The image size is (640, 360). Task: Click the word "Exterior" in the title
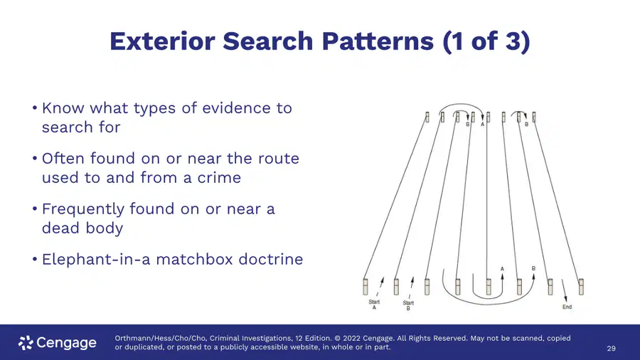tap(162, 41)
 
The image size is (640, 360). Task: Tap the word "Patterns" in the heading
tap(377, 41)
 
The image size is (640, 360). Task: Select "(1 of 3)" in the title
tap(486, 41)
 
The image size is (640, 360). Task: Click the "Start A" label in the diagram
tap(374, 305)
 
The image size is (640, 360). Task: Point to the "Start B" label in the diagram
tap(408, 305)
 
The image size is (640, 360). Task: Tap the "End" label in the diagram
tap(567, 307)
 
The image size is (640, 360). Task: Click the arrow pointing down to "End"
tap(564, 290)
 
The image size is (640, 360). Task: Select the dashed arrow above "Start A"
tap(380, 287)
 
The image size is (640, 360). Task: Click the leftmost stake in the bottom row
tap(366, 287)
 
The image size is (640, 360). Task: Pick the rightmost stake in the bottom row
tap(581, 287)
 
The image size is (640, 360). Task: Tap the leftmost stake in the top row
tap(427, 117)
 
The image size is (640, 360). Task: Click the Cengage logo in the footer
tap(58, 343)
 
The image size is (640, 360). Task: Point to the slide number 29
tap(611, 349)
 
